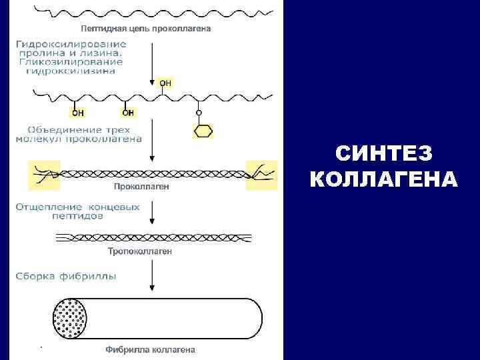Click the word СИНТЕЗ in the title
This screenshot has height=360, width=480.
point(383,154)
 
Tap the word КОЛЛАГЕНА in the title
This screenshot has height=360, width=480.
point(383,179)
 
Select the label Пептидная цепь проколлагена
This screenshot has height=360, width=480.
point(146,29)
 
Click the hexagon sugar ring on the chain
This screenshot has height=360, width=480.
point(203,131)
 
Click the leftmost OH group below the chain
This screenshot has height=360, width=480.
point(78,112)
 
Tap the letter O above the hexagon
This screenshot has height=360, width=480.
point(198,113)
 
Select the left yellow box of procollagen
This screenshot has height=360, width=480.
point(44,175)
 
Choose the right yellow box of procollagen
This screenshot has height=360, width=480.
point(261,175)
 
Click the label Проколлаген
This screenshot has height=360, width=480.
point(142,187)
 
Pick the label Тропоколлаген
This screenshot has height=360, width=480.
point(140,251)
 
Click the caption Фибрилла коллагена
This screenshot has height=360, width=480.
point(150,349)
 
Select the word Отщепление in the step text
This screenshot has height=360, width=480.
point(47,207)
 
